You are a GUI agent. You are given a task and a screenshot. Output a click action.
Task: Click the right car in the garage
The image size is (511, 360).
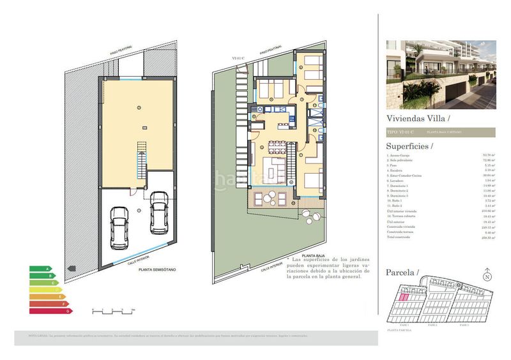158,214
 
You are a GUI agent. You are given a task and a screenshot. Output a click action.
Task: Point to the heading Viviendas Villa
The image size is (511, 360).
418,118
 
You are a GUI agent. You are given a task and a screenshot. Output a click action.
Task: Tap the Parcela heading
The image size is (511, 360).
402,273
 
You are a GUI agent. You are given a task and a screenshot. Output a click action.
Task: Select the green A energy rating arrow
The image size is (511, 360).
41,269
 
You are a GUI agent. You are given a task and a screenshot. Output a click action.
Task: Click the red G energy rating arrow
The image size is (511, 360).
51,311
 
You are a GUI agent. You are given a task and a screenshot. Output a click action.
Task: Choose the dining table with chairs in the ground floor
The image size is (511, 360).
277,146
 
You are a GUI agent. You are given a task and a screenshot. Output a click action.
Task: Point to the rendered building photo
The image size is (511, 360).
441,75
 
